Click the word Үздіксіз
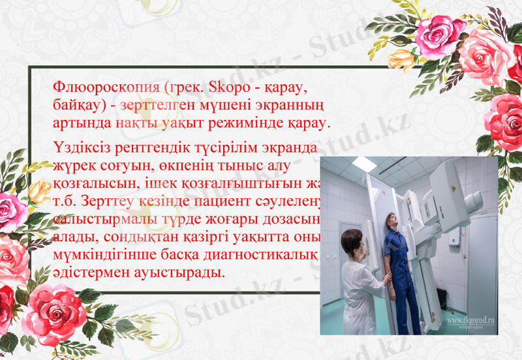click(x=80, y=147)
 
